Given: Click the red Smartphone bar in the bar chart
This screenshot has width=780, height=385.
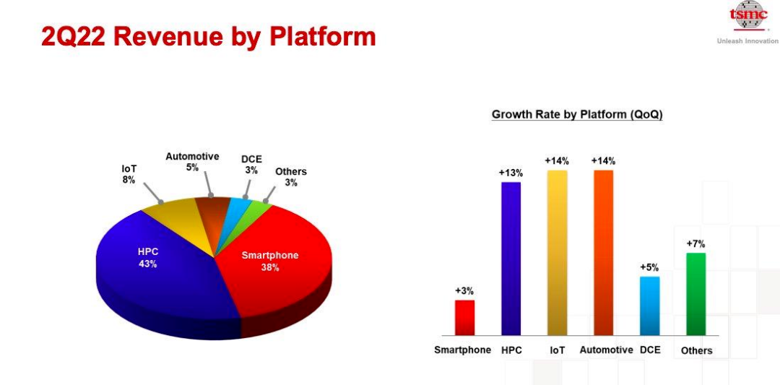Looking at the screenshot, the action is coord(464,317).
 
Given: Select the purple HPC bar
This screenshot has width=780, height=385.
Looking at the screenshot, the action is coord(511,259).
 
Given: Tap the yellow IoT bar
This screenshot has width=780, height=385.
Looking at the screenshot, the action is coord(557,253).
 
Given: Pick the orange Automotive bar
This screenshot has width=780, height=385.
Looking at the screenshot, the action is coord(603,253).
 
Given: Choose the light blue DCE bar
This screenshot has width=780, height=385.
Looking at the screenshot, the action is coord(650,306).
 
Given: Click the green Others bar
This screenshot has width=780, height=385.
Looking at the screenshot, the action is coord(696,294).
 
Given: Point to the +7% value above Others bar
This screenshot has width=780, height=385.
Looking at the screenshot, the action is coord(695,243).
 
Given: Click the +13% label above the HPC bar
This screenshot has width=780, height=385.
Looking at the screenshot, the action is coord(511,173).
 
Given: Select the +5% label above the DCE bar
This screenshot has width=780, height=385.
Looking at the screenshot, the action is coord(649,267).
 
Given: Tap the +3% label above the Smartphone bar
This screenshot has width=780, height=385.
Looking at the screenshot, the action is coord(464,291).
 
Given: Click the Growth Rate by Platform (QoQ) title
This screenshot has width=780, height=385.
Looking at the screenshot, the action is coord(577,114).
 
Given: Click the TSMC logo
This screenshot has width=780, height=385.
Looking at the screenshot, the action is coord(747,16).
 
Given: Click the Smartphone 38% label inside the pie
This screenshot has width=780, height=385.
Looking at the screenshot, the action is coord(270,261).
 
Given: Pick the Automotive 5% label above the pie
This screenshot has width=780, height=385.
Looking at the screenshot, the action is coord(192,162).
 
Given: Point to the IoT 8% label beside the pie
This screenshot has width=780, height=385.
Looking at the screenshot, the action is coord(129,174).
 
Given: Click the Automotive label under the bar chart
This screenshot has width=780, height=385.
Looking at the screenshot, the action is coord(607,350).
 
